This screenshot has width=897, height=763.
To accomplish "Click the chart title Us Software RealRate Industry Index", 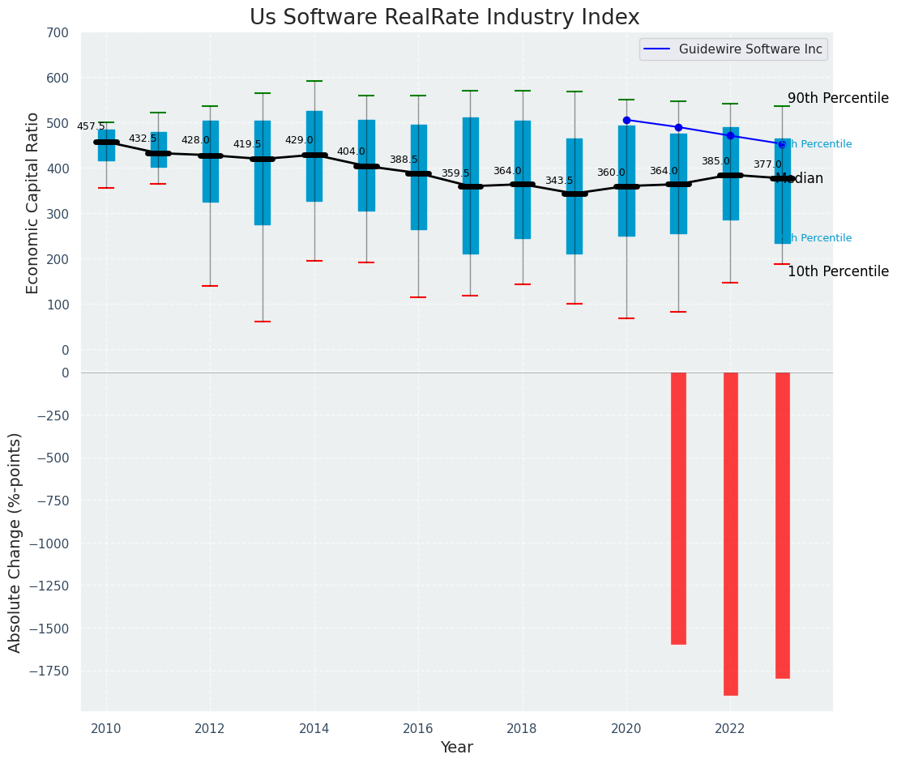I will (x=444, y=18).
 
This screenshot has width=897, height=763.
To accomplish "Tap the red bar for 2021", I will (x=678, y=508).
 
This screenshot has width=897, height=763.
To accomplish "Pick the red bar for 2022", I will (x=730, y=533).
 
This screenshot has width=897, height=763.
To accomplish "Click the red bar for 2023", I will (x=782, y=525).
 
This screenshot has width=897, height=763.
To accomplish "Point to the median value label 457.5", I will (x=91, y=126).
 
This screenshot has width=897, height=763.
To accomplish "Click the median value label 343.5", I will (x=559, y=181).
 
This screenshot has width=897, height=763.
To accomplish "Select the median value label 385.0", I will (x=715, y=161).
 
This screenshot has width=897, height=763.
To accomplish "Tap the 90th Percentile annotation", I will (x=838, y=98).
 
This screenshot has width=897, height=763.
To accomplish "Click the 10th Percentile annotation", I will (x=838, y=271).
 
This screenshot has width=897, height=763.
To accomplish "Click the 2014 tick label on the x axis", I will (x=314, y=728).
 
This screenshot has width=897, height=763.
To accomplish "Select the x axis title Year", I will (x=456, y=748).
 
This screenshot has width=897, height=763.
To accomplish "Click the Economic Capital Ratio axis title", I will (x=33, y=203).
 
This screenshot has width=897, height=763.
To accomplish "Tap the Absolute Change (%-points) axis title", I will (x=15, y=542).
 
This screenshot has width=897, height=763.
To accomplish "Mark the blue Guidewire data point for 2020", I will (x=626, y=120).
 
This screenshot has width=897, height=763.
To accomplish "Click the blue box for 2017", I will (x=470, y=185).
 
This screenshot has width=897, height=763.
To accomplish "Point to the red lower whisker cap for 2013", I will (x=262, y=322).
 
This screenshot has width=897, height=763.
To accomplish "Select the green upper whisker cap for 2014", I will (x=314, y=81).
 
